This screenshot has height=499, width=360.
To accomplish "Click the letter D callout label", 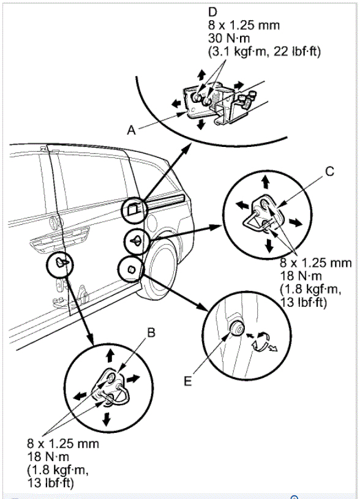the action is [212, 12].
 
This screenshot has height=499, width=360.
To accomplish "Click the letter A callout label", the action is [132, 130].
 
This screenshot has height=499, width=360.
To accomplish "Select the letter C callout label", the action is [330, 171].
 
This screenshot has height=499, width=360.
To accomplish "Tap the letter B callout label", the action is [151, 332].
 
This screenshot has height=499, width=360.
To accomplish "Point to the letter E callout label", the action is [188, 381].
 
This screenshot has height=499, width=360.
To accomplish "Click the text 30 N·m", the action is [229, 38].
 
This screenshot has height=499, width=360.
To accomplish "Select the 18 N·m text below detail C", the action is [301, 276].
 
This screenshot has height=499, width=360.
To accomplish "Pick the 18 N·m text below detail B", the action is [48, 457].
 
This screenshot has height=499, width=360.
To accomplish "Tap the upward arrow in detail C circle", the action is [266, 182].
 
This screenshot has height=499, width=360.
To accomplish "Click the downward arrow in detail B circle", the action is [107, 419].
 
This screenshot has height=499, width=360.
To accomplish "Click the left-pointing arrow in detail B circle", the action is [80, 396].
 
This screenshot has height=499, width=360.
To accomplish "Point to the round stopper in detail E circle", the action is [236, 328].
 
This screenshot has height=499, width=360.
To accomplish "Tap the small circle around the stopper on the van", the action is [131, 269].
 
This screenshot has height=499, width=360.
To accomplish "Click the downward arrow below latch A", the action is [201, 124].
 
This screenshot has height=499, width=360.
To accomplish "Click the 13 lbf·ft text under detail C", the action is [303, 302].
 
